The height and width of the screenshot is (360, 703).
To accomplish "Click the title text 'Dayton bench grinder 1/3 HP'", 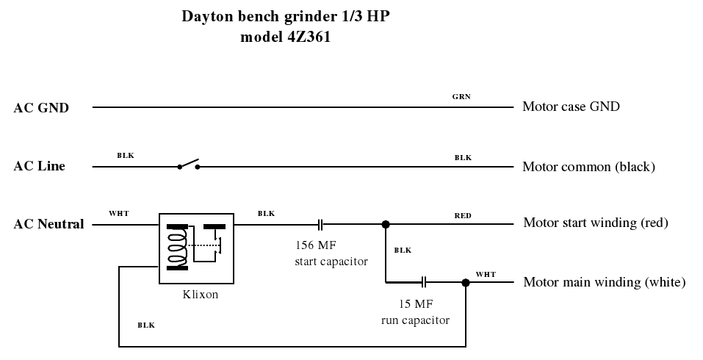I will point(286,16).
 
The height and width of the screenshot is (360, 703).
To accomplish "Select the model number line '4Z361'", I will point(286,37).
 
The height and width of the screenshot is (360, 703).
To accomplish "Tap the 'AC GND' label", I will point(41,108).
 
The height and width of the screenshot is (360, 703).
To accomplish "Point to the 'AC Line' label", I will point(39,166).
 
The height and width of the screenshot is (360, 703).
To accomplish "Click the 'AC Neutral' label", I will point(48,224).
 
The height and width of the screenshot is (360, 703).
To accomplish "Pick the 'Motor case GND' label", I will point(571,107).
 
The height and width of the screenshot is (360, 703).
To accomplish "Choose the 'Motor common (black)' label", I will point(588,167).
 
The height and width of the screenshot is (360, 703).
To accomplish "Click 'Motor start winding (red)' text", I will point(595,223).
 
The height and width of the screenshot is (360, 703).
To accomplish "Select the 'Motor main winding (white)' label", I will point(604,282).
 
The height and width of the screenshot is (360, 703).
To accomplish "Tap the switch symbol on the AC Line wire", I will point(189,164).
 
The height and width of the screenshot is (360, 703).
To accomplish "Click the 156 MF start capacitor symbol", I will point(321,223).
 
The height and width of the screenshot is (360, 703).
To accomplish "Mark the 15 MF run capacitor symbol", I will point(425,281).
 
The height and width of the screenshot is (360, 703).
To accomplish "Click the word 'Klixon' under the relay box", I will point(201,295).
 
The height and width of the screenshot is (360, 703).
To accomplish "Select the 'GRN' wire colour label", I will point(462,97).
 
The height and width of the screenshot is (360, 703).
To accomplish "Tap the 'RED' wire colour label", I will point(463,216).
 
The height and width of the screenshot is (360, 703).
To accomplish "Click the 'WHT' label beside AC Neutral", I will point(118,214).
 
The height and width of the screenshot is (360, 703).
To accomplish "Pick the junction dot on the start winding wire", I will point(386,223).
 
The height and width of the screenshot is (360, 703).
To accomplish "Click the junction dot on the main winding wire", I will point(465,282).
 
